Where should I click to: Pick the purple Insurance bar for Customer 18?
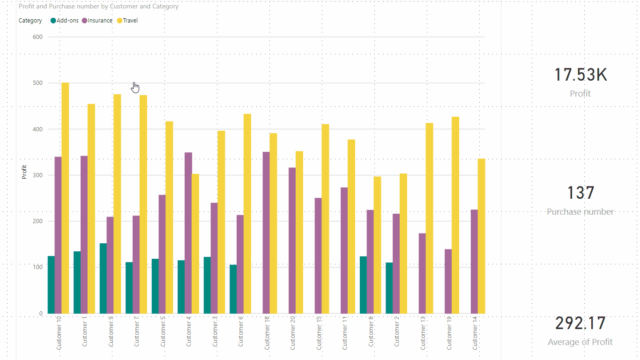266,232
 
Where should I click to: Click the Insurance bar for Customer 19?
448,281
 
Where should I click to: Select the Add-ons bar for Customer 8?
363,285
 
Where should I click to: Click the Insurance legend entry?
100,21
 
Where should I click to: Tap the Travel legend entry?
130,21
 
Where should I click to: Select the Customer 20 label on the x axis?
292,333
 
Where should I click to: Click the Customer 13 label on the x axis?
423,333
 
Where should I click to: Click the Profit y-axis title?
24,172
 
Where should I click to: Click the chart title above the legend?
98,7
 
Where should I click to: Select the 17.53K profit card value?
580,75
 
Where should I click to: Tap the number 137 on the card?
580,193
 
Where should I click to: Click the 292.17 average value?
580,323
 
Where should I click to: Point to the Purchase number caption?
580,212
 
